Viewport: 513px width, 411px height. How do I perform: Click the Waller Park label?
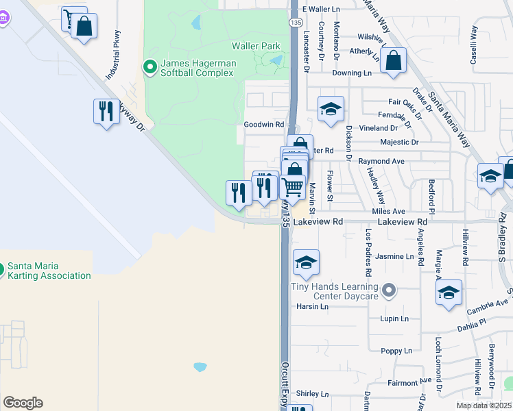[x=256, y=46]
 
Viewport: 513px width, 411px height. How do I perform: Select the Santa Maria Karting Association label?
[x=49, y=271]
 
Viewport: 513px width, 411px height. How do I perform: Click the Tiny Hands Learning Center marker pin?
[x=389, y=290]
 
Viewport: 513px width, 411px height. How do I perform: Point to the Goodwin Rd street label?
[x=264, y=125]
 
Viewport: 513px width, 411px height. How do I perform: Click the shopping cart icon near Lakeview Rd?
[x=293, y=187]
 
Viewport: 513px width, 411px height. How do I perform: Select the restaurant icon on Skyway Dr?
[x=104, y=112]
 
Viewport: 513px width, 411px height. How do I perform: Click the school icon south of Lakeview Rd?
[x=307, y=262]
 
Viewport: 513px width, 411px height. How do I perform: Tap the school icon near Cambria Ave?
[x=448, y=292]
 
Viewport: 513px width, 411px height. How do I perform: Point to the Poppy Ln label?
[x=397, y=351]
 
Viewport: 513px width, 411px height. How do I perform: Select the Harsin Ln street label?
[x=313, y=307]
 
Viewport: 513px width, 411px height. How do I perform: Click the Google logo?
[x=23, y=403]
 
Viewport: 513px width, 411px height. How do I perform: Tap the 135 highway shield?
[x=295, y=23]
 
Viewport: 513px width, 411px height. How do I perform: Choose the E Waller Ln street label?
[x=324, y=10]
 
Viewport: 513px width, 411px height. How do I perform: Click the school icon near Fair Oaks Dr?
[x=331, y=109]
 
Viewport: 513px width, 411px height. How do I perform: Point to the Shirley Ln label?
[x=313, y=394]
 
